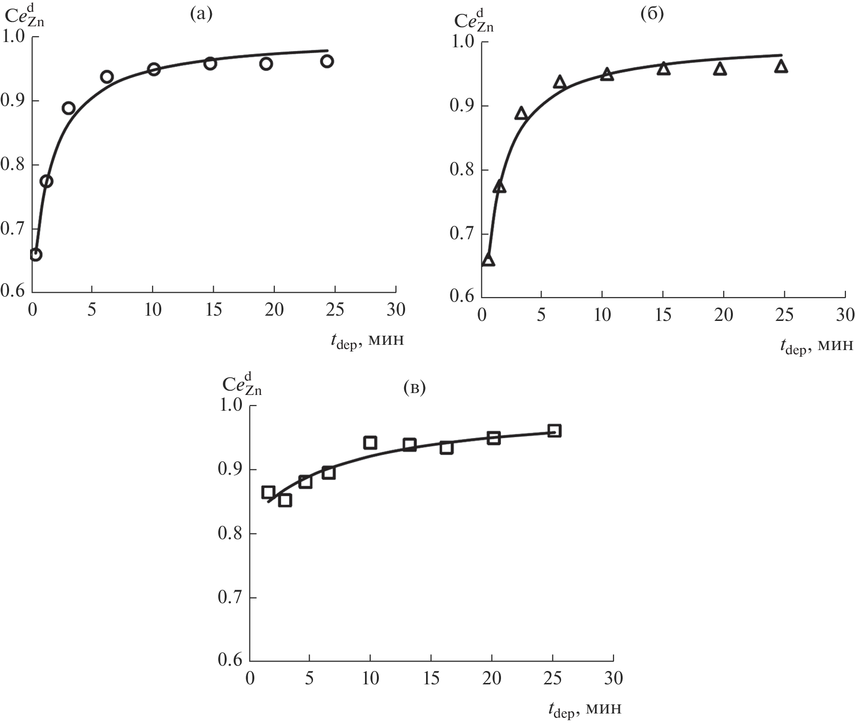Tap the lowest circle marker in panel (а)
[35, 255]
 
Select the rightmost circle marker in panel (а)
[327, 61]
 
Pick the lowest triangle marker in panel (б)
[488, 260]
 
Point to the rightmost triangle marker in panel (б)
[781, 66]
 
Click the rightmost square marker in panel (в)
[554, 431]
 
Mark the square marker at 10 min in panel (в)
[370, 443]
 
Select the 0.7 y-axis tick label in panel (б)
[461, 234]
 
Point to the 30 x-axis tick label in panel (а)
[396, 310]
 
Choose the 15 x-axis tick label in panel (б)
[663, 315]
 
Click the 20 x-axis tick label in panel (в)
[492, 679]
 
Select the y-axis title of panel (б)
[473, 21]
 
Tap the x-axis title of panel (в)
[584, 708]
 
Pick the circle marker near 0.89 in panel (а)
[68, 108]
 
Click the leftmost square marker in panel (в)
[268, 492]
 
